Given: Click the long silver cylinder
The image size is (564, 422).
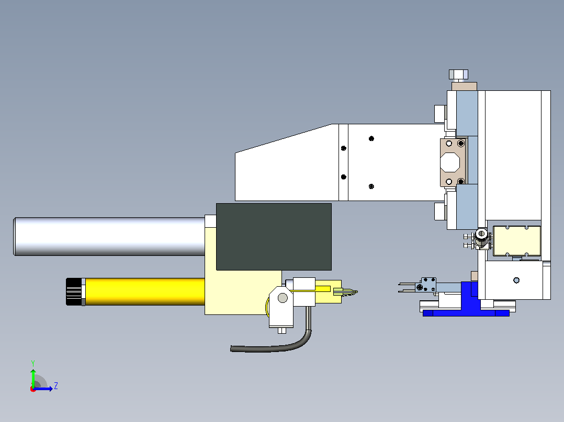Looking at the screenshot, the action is [x=109, y=236].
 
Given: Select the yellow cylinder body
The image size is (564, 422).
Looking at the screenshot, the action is [x=145, y=291].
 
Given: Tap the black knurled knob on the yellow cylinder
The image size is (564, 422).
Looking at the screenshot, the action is [x=74, y=291].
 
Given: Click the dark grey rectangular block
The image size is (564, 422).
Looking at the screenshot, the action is [x=274, y=237].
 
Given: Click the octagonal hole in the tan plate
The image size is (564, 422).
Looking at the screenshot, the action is [x=450, y=163].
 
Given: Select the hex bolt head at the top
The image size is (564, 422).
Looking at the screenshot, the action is [x=459, y=75].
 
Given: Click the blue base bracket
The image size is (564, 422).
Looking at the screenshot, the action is [x=468, y=302].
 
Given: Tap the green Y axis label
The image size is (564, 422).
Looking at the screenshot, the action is [x=33, y=364].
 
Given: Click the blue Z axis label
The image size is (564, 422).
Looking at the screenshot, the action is [x=56, y=386].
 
